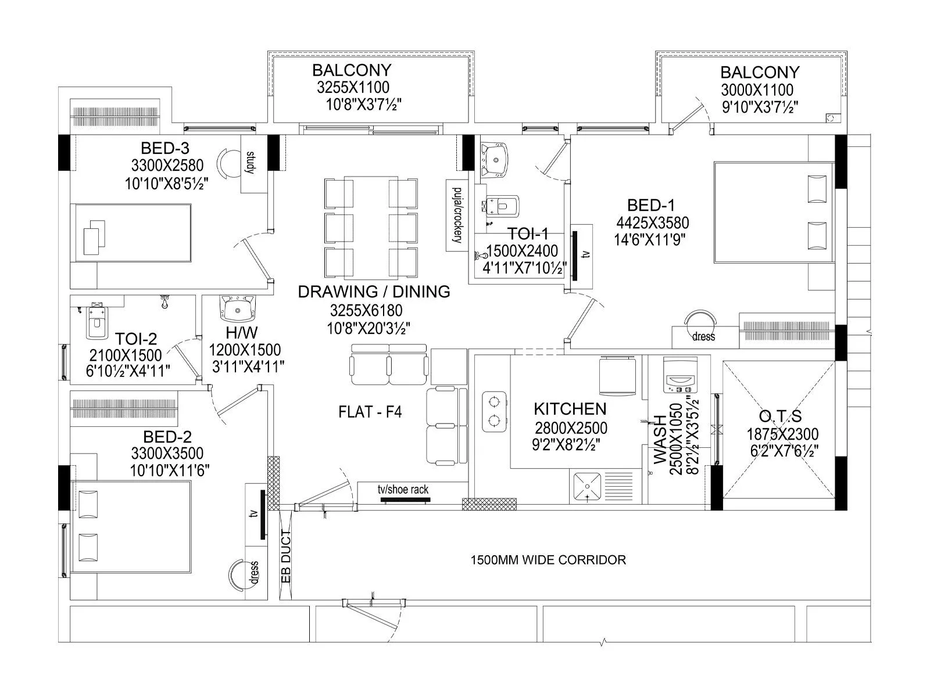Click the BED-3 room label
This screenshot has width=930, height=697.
coord(165,148)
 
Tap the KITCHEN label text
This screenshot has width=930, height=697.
coord(570,409)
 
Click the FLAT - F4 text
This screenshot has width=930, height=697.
coord(370,412)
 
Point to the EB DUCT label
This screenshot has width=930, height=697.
coord(285,556)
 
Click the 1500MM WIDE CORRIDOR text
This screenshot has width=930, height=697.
coord(548,560)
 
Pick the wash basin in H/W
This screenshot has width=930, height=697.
coord(237,308)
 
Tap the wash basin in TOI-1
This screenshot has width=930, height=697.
coord(495,155)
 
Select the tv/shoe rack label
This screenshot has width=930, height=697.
coord(403,490)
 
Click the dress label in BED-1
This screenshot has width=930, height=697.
coord(703,337)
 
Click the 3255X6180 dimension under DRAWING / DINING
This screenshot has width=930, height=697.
coord(366,311)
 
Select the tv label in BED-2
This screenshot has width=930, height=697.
coord(253,514)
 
